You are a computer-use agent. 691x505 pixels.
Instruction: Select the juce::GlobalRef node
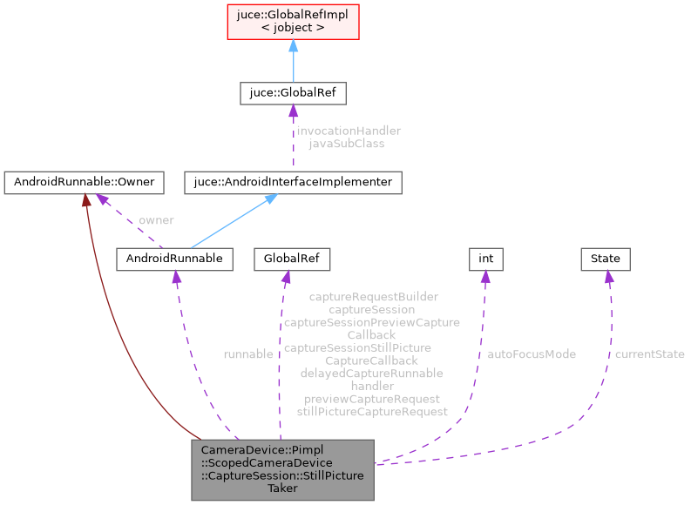click(x=293, y=93)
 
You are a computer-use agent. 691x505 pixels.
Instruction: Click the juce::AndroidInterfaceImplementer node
click(x=294, y=183)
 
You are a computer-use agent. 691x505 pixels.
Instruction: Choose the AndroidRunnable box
click(x=175, y=259)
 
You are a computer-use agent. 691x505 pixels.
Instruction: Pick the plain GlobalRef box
click(x=281, y=259)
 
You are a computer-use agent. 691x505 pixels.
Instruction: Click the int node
click(x=486, y=259)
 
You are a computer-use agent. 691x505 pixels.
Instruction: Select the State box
click(x=606, y=259)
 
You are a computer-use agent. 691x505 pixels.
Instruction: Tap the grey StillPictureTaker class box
click(x=283, y=469)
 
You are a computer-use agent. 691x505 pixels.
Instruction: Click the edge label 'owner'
click(x=156, y=220)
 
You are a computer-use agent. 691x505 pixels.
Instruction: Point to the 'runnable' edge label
click(x=248, y=354)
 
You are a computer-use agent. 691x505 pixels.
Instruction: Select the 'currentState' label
click(x=649, y=354)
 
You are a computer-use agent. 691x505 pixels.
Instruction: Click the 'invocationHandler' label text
click(x=349, y=131)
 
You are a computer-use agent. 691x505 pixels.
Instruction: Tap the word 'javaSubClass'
click(x=347, y=144)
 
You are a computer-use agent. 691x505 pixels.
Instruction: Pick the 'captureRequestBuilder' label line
click(x=372, y=297)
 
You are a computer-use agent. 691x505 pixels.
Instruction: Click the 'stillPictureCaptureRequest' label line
click(x=372, y=411)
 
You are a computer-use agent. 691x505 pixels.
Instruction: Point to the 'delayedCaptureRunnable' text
click(x=372, y=373)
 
